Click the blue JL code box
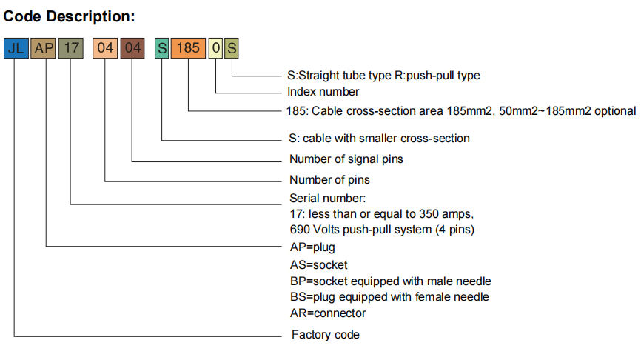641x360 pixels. pyautogui.click(x=16, y=49)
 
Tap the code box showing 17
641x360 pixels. pyautogui.click(x=71, y=49)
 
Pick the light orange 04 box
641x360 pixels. pyautogui.click(x=104, y=49)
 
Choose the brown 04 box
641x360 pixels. pyautogui.click(x=132, y=49)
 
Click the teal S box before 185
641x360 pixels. pyautogui.click(x=162, y=49)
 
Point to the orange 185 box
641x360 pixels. pyautogui.click(x=189, y=49)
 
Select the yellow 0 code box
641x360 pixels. pyautogui.click(x=215, y=49)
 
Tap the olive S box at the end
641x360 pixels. pyautogui.click(x=232, y=49)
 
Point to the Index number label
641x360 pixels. pyautogui.click(x=323, y=92)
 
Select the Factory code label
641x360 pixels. pyautogui.click(x=325, y=335)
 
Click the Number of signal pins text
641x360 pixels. pyautogui.click(x=346, y=159)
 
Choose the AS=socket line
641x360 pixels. pyautogui.click(x=319, y=264)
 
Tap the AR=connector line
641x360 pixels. pyautogui.click(x=328, y=313)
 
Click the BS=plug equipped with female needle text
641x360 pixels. pyautogui.click(x=389, y=296)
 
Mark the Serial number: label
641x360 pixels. pyautogui.click(x=327, y=198)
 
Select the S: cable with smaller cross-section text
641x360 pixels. pyautogui.click(x=379, y=138)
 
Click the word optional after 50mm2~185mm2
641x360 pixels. pyautogui.click(x=614, y=111)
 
